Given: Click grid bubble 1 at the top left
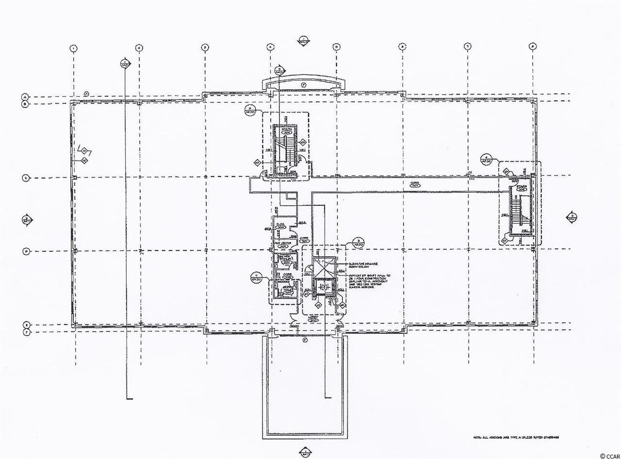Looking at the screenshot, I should (73, 48).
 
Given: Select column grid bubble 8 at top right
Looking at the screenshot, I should (533, 47).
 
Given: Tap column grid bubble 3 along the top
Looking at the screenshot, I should (205, 47).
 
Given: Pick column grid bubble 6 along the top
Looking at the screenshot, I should (402, 47).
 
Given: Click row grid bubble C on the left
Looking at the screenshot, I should (25, 178).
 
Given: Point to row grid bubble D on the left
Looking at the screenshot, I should (25, 251).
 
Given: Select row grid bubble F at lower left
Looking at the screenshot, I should (25, 333).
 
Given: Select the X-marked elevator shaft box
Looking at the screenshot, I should (324, 266).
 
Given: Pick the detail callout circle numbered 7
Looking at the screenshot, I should (256, 278).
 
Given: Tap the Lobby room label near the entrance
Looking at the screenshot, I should (313, 319).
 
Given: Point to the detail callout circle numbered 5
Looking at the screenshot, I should (358, 242).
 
